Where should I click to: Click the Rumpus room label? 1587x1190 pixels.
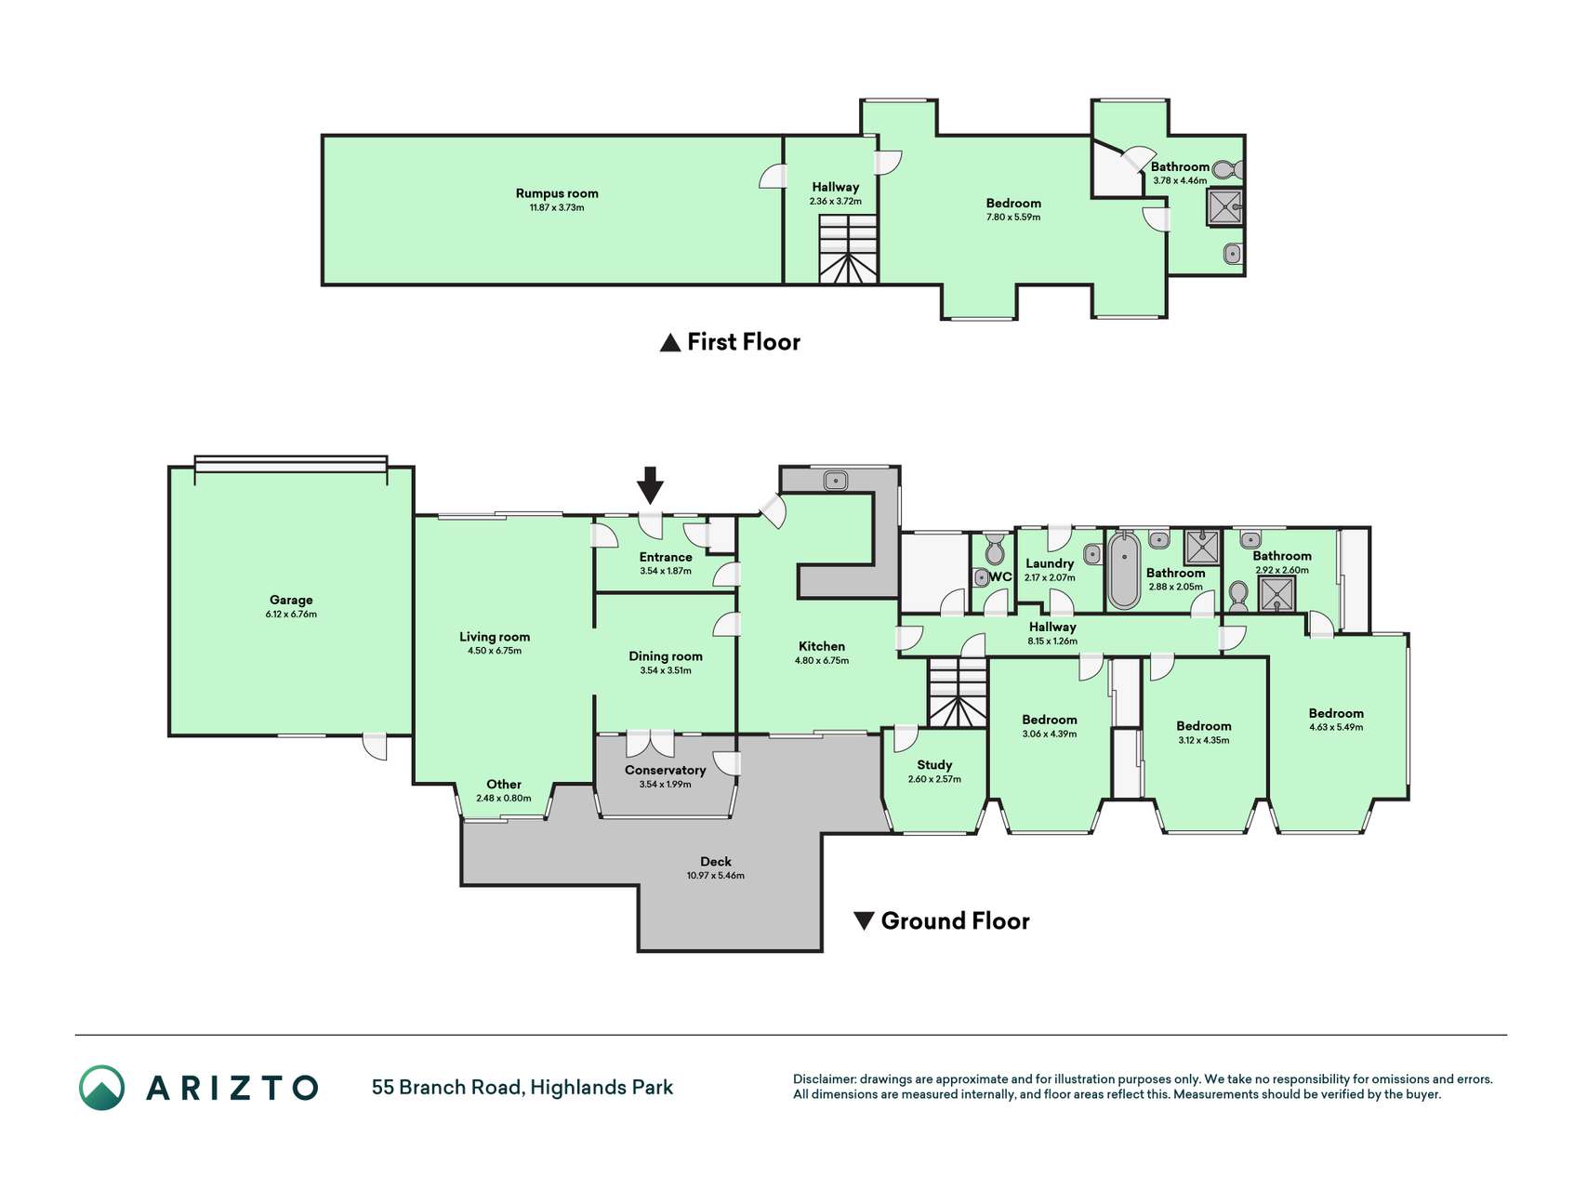[557, 193]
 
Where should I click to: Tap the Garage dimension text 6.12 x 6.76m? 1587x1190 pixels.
[291, 615]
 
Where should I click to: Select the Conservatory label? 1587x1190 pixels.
[666, 770]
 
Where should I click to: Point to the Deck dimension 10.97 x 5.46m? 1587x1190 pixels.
[716, 876]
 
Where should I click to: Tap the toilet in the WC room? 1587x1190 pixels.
[994, 549]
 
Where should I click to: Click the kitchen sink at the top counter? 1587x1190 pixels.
[836, 480]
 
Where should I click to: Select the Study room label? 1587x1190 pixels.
[935, 765]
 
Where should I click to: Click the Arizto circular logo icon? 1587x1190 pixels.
[101, 1088]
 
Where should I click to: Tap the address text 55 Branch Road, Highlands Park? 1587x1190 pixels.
[522, 1088]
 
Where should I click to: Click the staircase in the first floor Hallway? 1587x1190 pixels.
[848, 248]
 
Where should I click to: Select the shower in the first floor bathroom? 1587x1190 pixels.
[1224, 207]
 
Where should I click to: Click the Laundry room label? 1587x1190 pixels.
[1050, 563]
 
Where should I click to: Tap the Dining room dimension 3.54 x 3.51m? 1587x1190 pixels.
[666, 670]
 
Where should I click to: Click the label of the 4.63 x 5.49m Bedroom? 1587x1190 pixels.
[1336, 713]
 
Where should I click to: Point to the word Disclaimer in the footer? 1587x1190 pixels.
[823, 1079]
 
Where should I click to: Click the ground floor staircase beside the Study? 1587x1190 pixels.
[958, 693]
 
